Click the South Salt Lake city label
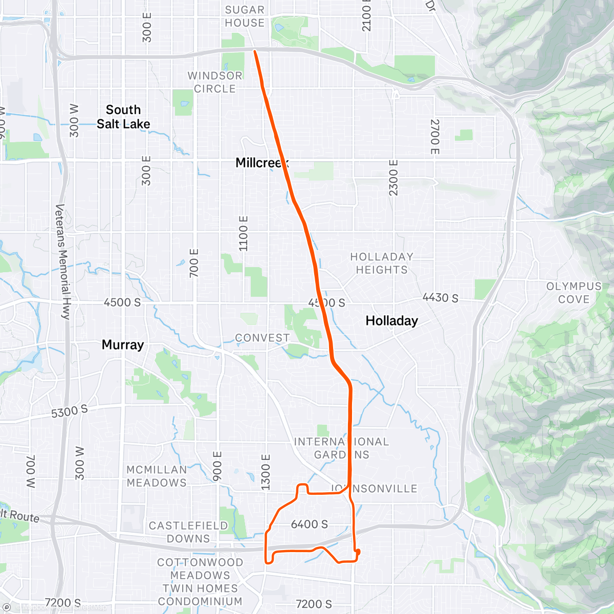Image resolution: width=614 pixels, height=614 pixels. tap(123, 117)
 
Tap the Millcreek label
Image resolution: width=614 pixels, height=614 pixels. tap(261, 163)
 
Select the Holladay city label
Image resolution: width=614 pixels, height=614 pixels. tap(391, 321)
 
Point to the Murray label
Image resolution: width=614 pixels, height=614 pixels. tap(123, 345)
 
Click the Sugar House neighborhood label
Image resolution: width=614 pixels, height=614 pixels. tap(245, 16)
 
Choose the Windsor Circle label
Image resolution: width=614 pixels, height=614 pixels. tap(215, 82)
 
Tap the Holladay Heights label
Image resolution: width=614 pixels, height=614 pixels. tap(382, 263)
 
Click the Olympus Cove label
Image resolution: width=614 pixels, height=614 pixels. tap(574, 293)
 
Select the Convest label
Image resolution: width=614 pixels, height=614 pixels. tap(262, 338)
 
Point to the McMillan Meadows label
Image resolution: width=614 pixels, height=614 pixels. tap(157, 476)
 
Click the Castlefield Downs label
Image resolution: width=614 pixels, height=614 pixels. tap(188, 532)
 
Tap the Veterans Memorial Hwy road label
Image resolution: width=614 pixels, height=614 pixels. tap(63, 261)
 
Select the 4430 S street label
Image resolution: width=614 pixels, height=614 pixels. tap(440, 298)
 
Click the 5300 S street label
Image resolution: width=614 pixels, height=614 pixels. tap(70, 411)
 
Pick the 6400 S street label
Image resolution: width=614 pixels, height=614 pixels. tap(309, 524)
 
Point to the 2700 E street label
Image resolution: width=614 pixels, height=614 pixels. tap(434, 137)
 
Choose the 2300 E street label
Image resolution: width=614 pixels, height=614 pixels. tap(393, 177)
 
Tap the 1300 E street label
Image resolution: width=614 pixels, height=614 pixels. tap(266, 471)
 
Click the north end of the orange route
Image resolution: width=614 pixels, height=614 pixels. tap(255, 51)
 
